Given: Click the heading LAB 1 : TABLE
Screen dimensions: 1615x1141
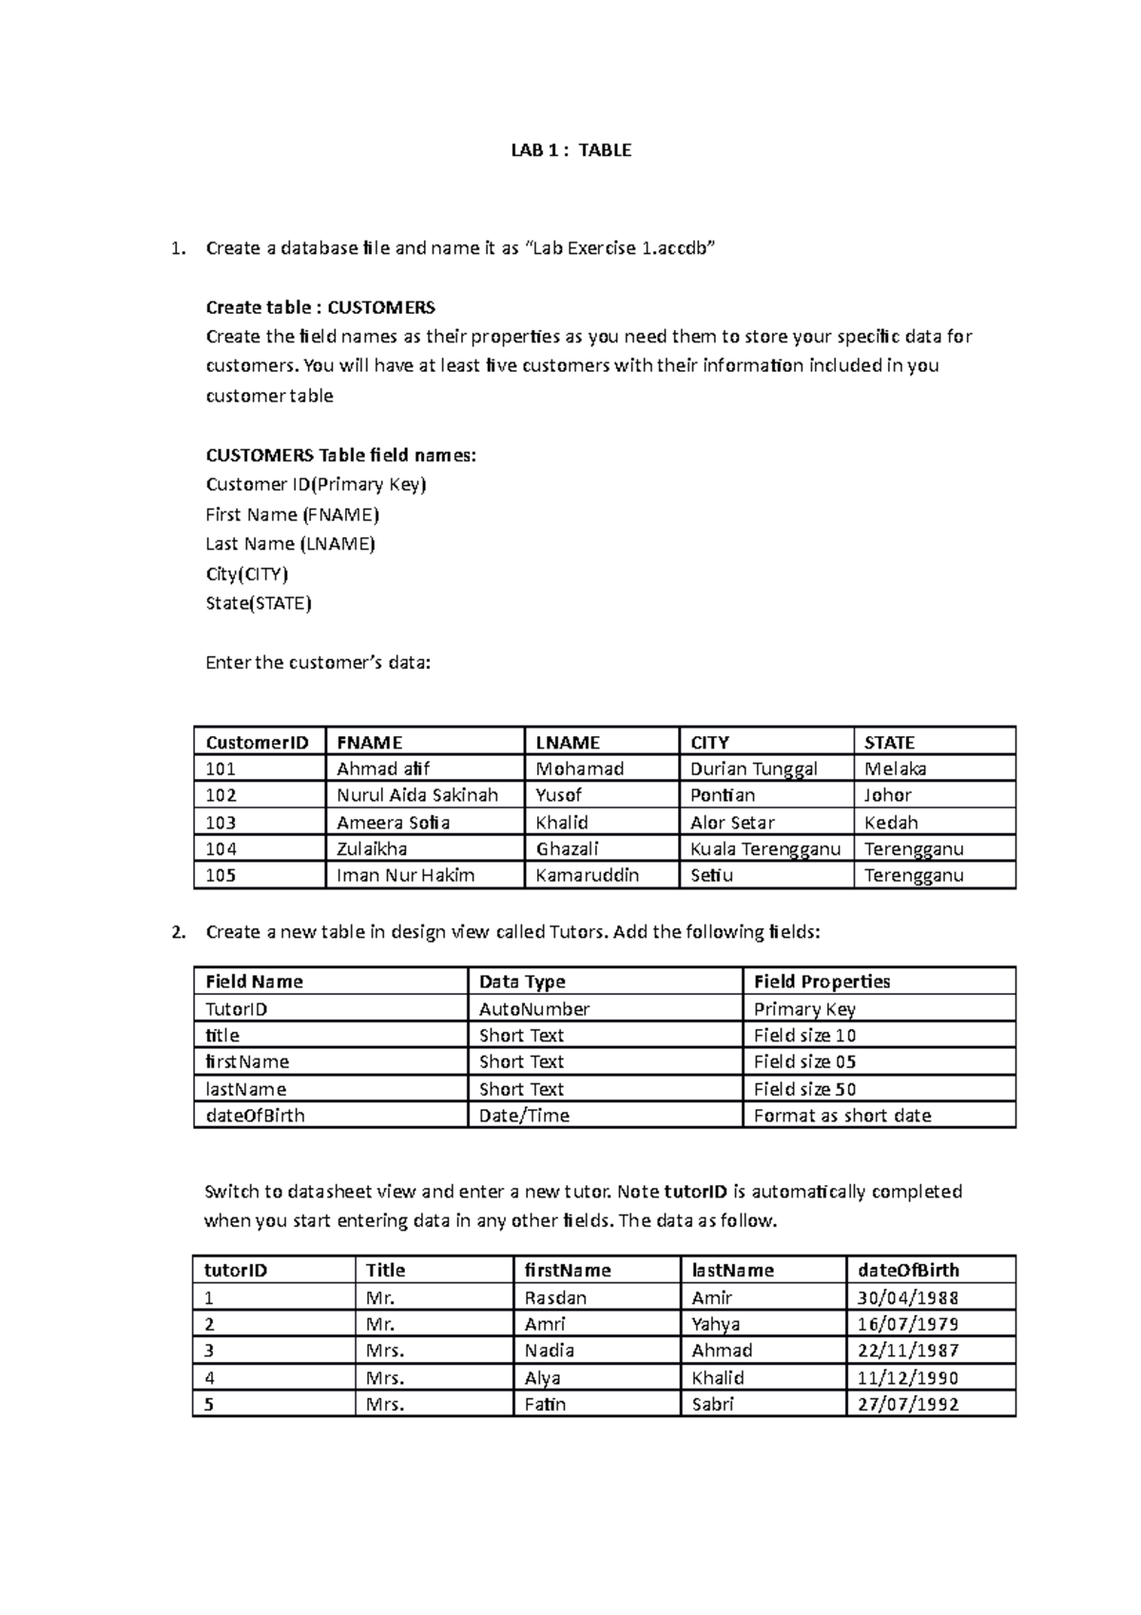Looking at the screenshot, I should click(570, 150).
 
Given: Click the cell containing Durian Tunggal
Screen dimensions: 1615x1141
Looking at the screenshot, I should click(754, 769).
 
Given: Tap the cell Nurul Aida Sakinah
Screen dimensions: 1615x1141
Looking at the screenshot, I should click(417, 795).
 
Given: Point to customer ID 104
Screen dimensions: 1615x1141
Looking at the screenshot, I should click(221, 849).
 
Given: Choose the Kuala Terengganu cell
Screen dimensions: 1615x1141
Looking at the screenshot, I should click(765, 849).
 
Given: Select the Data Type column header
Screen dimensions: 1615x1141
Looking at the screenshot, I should click(522, 982).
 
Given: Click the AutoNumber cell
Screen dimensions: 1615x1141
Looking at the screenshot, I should click(534, 1009).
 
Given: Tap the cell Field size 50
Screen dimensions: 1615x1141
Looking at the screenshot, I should click(804, 1089).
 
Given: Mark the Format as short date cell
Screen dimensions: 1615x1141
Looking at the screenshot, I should click(842, 1116).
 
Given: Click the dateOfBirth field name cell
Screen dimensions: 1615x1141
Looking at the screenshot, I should click(255, 1116).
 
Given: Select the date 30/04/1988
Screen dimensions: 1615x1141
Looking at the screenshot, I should click(907, 1297).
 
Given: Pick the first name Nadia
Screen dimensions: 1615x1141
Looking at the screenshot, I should click(550, 1351).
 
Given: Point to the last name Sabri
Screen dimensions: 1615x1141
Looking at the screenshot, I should click(712, 1404).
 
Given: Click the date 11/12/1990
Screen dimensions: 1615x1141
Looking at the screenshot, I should click(907, 1377).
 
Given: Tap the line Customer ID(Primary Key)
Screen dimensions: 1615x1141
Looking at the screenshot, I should click(316, 485).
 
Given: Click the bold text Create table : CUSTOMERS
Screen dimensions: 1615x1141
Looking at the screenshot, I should click(320, 307).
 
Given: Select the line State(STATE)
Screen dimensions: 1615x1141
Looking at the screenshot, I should click(259, 603).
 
